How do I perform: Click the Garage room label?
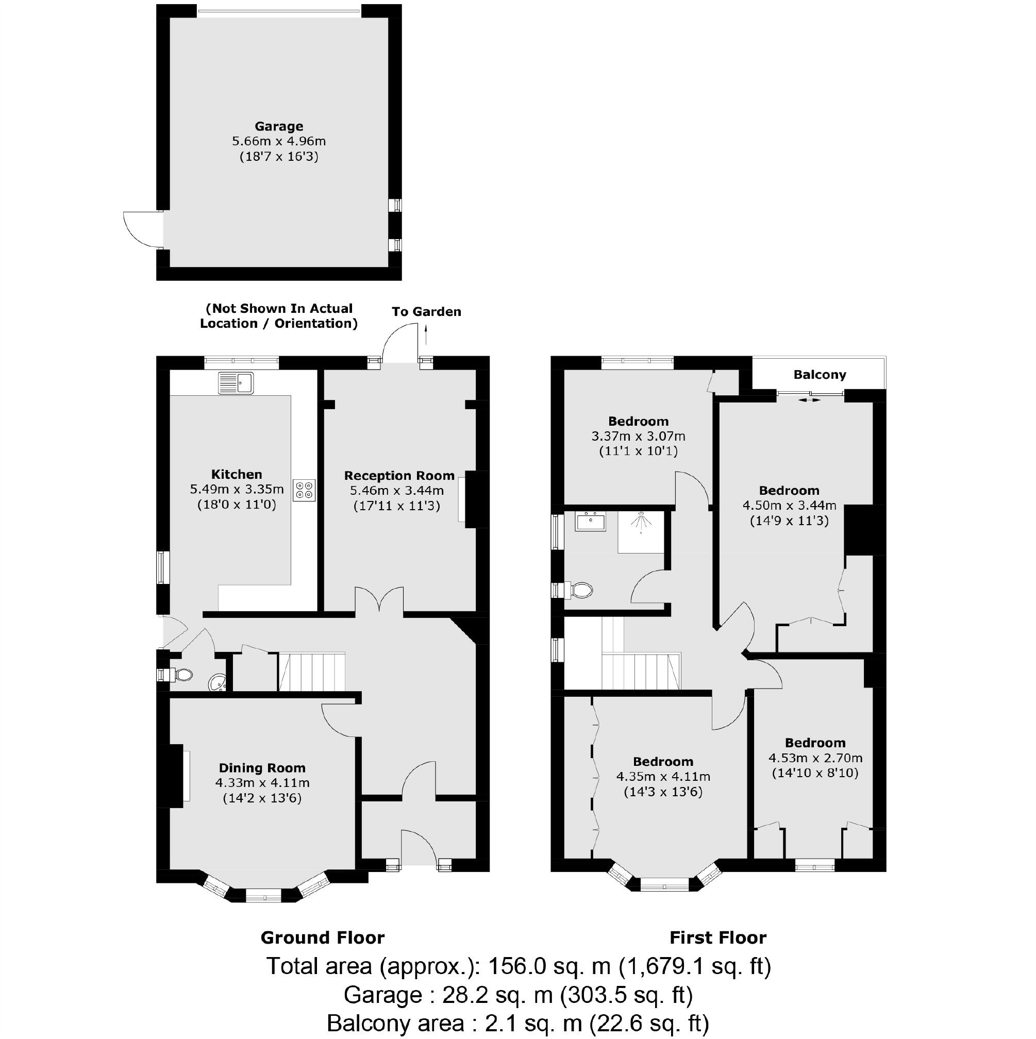click(279, 126)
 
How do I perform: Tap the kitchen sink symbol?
click(236, 383)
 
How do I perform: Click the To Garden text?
click(426, 312)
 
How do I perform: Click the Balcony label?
click(819, 375)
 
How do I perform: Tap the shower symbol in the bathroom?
click(641, 522)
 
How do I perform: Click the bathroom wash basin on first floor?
click(590, 521)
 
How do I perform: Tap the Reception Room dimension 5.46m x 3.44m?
click(396, 491)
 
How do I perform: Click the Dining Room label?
click(262, 768)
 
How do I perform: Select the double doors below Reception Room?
click(379, 599)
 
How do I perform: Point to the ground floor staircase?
click(311, 672)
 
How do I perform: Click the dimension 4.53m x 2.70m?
click(815, 758)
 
